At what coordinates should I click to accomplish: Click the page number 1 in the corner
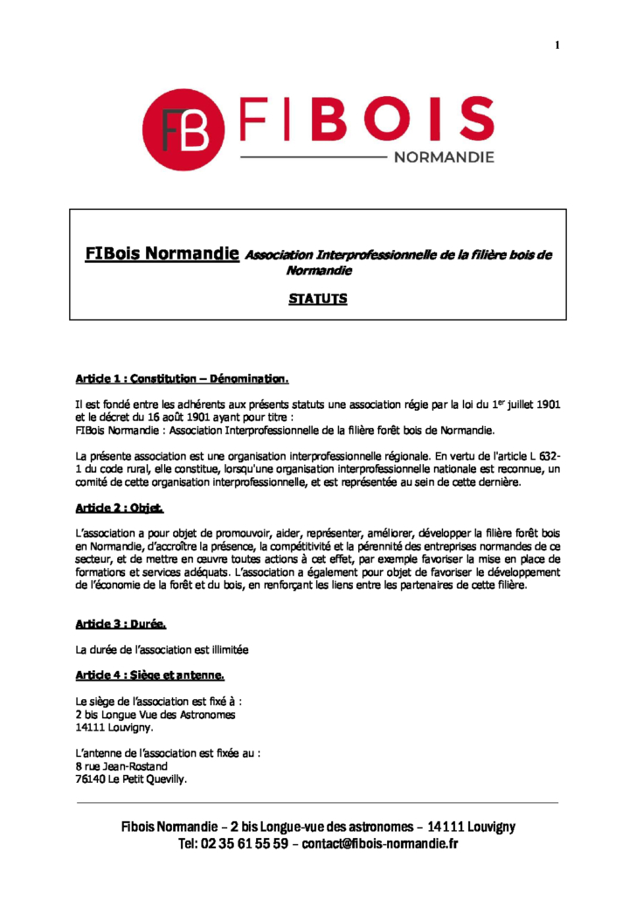click(556, 45)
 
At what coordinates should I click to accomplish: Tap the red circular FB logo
click(183, 130)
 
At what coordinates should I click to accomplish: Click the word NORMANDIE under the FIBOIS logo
click(444, 158)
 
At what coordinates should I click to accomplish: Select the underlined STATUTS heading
click(318, 299)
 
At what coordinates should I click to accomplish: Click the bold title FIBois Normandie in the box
click(162, 254)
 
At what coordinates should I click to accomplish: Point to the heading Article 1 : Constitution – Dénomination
click(182, 379)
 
